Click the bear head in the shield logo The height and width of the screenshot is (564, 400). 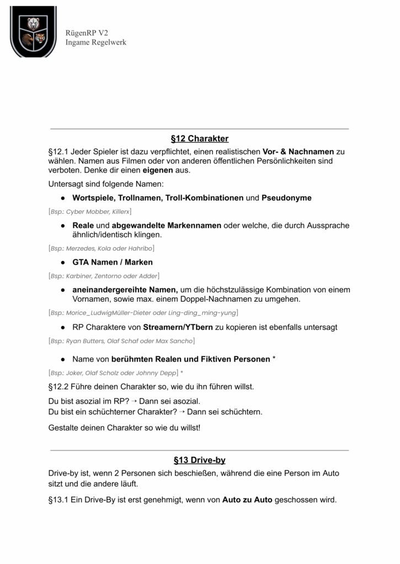(33, 24)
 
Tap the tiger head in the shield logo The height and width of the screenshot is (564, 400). (40, 39)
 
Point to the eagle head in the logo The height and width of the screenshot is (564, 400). (27, 39)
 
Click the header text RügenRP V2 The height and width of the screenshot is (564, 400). (86, 33)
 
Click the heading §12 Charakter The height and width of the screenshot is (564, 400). (200, 138)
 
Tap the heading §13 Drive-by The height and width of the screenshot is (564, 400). (200, 460)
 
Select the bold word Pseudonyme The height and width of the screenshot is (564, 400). (286, 198)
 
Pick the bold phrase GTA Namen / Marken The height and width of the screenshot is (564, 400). (113, 262)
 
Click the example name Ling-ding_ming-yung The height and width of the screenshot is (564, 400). (204, 313)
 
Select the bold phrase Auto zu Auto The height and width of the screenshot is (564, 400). (247, 500)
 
